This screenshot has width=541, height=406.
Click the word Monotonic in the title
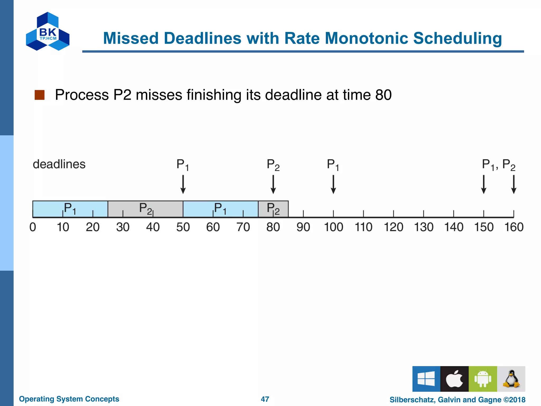pyautogui.click(x=366, y=38)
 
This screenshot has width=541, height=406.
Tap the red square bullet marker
pyautogui.click(x=40, y=95)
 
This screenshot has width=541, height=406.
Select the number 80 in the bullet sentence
pyautogui.click(x=383, y=95)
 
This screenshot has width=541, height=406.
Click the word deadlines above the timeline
pyautogui.click(x=59, y=164)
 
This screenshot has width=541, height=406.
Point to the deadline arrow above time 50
pyautogui.click(x=183, y=184)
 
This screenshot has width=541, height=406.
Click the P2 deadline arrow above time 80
pyautogui.click(x=273, y=184)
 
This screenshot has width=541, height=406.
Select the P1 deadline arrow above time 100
pyautogui.click(x=333, y=184)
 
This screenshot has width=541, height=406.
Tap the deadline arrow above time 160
pyautogui.click(x=514, y=184)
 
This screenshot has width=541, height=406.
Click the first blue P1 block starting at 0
pyautogui.click(x=70, y=209)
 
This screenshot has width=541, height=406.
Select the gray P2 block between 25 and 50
pyautogui.click(x=145, y=209)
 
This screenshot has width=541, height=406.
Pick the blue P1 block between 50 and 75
pyautogui.click(x=221, y=209)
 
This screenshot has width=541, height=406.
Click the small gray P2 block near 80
pyautogui.click(x=273, y=209)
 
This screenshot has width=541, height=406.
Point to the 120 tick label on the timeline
pyautogui.click(x=393, y=227)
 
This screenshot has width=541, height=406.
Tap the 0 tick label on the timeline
pyautogui.click(x=33, y=227)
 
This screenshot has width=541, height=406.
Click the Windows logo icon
pyautogui.click(x=426, y=379)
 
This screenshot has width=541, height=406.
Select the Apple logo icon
pyautogui.click(x=454, y=379)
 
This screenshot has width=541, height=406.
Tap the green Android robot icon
pyautogui.click(x=483, y=379)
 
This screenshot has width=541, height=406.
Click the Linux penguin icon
pyautogui.click(x=511, y=379)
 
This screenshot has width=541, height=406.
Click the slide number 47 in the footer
pyautogui.click(x=265, y=399)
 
